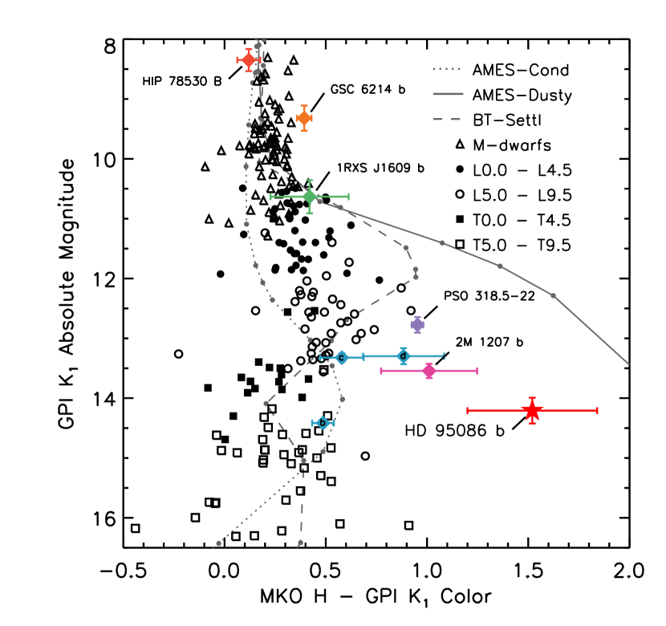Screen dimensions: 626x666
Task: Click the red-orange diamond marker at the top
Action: pos(249,60)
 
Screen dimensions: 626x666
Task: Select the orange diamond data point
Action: pos(304,118)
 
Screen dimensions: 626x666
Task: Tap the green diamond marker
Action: pos(310,197)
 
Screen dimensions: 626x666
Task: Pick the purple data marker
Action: pos(417,324)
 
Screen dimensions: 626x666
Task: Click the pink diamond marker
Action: pos(428,371)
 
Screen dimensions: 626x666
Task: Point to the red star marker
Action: pos(532,410)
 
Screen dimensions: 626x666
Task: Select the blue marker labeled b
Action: pos(323,423)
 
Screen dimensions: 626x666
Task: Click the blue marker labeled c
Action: pos(341,357)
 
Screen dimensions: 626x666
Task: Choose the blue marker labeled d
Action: pos(404,356)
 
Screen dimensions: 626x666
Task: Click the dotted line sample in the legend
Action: pos(447,69)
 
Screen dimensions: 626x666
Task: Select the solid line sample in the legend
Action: pos(448,94)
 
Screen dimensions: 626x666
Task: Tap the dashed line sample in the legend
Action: pos(447,119)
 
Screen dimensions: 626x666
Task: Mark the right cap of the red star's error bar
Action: pos(597,410)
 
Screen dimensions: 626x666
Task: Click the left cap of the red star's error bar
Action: pos(468,410)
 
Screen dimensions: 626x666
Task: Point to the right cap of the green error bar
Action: pos(348,197)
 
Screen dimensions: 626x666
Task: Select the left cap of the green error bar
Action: pos(270,197)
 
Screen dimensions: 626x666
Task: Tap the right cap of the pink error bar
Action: pos(477,371)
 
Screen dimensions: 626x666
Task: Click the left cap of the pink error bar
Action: pos(381,371)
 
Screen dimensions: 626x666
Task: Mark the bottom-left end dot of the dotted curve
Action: pos(218,543)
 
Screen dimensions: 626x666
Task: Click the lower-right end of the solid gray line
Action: pos(628,364)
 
